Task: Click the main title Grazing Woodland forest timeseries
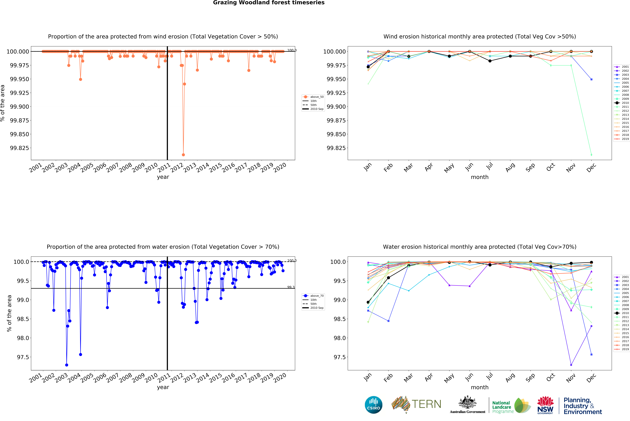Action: click(x=269, y=3)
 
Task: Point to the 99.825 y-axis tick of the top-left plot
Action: click(x=19, y=148)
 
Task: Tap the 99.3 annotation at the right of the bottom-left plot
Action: click(x=291, y=287)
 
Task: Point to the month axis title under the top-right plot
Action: click(x=480, y=177)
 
